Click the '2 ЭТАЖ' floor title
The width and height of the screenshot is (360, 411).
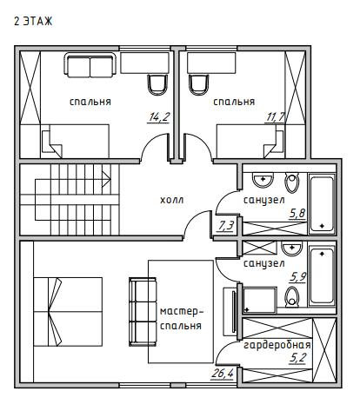(x=33, y=22)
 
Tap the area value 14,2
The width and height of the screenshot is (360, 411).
(x=158, y=116)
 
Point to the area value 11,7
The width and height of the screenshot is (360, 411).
(x=276, y=117)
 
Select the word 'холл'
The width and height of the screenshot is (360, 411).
(x=172, y=200)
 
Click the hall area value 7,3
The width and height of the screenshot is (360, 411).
(x=225, y=225)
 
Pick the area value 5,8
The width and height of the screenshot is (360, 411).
(x=297, y=213)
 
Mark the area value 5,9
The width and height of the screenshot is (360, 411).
(x=297, y=277)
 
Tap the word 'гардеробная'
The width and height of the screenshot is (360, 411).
(x=277, y=345)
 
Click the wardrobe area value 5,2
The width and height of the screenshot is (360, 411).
(x=297, y=358)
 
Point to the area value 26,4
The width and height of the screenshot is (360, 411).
(x=222, y=374)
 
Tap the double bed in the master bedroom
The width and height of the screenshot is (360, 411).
(x=68, y=312)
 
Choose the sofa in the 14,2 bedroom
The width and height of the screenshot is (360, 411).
(x=90, y=65)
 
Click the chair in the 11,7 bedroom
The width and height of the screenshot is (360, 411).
(x=198, y=84)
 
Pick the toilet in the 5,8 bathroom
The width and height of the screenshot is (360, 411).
(x=291, y=182)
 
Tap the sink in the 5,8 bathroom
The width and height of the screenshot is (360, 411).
(x=263, y=180)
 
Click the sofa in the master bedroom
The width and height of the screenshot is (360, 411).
(x=143, y=312)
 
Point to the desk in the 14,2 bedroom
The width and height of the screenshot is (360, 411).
(x=144, y=63)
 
